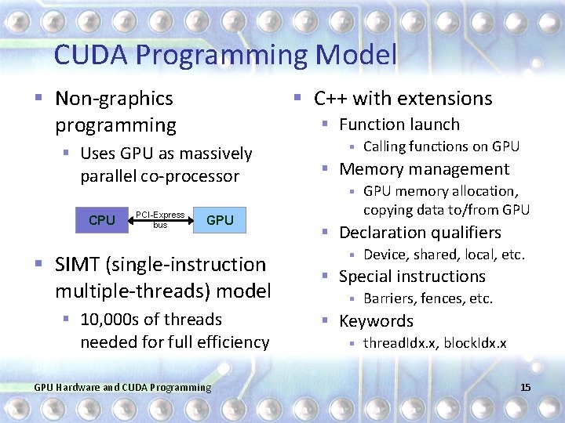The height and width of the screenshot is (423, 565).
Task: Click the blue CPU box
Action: pos(102,220)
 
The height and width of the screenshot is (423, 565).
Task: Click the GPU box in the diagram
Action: pos(220,220)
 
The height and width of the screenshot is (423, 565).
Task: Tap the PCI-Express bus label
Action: pos(160,219)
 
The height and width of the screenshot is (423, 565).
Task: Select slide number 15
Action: pos(525,387)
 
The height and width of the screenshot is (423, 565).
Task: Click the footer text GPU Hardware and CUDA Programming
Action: pos(123,387)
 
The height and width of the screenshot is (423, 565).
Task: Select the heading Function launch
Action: pos(399,125)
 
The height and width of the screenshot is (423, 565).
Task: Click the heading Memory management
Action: pos(424,169)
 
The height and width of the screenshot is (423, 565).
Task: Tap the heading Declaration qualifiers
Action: pos(419,233)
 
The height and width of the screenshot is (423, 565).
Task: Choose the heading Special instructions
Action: pos(412,277)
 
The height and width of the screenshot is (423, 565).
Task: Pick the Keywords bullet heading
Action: pos(375,321)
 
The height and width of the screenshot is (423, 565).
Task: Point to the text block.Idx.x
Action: pos(475,343)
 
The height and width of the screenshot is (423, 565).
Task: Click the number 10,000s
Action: pos(109,320)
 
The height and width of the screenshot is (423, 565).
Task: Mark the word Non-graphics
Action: pos(114,99)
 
